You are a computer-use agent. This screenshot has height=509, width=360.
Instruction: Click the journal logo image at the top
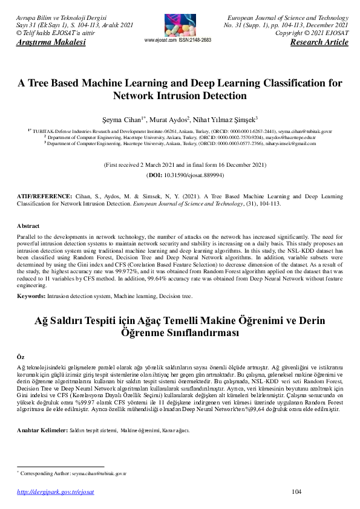[x=180, y=24]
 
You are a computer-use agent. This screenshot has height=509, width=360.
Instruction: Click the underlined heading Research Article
[x=319, y=43]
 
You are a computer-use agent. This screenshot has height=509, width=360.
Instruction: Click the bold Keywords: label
[x=31, y=297]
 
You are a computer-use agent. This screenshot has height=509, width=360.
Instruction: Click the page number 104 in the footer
[x=297, y=492]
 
